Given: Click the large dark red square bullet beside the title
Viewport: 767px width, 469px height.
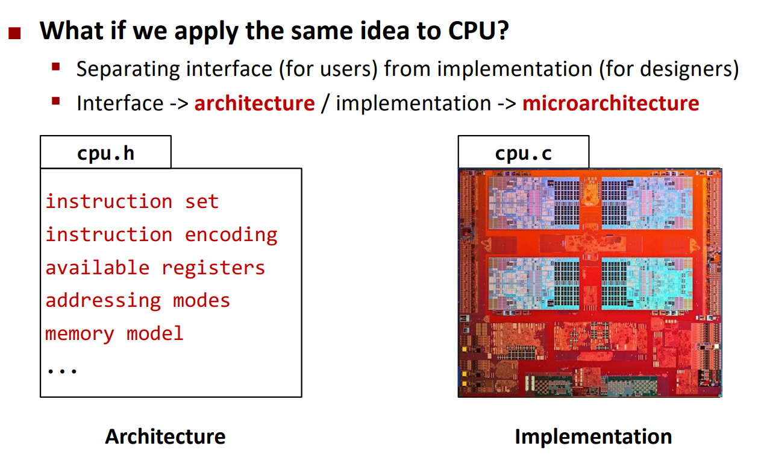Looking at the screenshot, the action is click(14, 33).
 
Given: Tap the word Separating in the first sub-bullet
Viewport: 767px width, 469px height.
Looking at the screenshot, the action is click(128, 69).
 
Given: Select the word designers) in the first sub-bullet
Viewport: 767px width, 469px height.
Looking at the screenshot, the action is click(689, 69).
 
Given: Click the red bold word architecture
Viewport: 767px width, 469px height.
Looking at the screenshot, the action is click(254, 104).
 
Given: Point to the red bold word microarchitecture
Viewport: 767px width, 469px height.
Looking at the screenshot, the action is click(610, 104).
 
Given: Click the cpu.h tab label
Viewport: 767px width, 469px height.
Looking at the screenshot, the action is click(106, 153).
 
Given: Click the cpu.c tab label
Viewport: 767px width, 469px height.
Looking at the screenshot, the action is click(523, 153).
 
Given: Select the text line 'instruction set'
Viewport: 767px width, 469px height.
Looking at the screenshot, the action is click(132, 201).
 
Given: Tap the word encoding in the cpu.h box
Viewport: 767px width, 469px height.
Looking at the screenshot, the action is click(231, 235).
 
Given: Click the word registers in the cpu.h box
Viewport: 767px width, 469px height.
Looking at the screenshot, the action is click(213, 268).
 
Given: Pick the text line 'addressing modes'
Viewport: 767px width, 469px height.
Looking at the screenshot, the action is click(137, 301).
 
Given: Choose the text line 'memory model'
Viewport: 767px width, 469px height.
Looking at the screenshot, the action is click(114, 334).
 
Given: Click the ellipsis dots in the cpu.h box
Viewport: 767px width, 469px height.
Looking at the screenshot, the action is click(62, 371).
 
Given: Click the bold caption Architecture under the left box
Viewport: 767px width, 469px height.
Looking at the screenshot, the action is click(165, 437).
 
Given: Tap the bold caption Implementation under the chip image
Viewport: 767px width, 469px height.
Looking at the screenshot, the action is click(593, 437).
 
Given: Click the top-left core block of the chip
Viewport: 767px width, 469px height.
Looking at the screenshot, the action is click(533, 203).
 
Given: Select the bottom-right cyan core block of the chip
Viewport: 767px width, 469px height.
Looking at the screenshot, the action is click(647, 284).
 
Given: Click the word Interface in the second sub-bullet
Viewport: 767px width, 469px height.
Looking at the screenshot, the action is click(120, 104).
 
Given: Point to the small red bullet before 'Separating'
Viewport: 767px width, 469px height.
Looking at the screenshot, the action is click(56, 66).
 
